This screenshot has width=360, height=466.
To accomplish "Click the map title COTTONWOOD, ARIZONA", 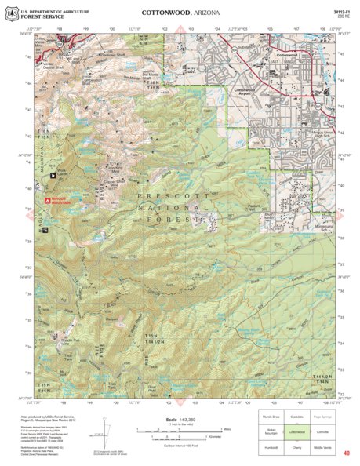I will pos(180,13).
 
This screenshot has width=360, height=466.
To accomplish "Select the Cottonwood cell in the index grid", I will pos(296,431).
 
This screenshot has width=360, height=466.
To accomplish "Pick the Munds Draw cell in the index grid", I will pos(271,417).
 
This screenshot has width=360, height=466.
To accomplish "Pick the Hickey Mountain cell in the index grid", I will pos(271,431).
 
